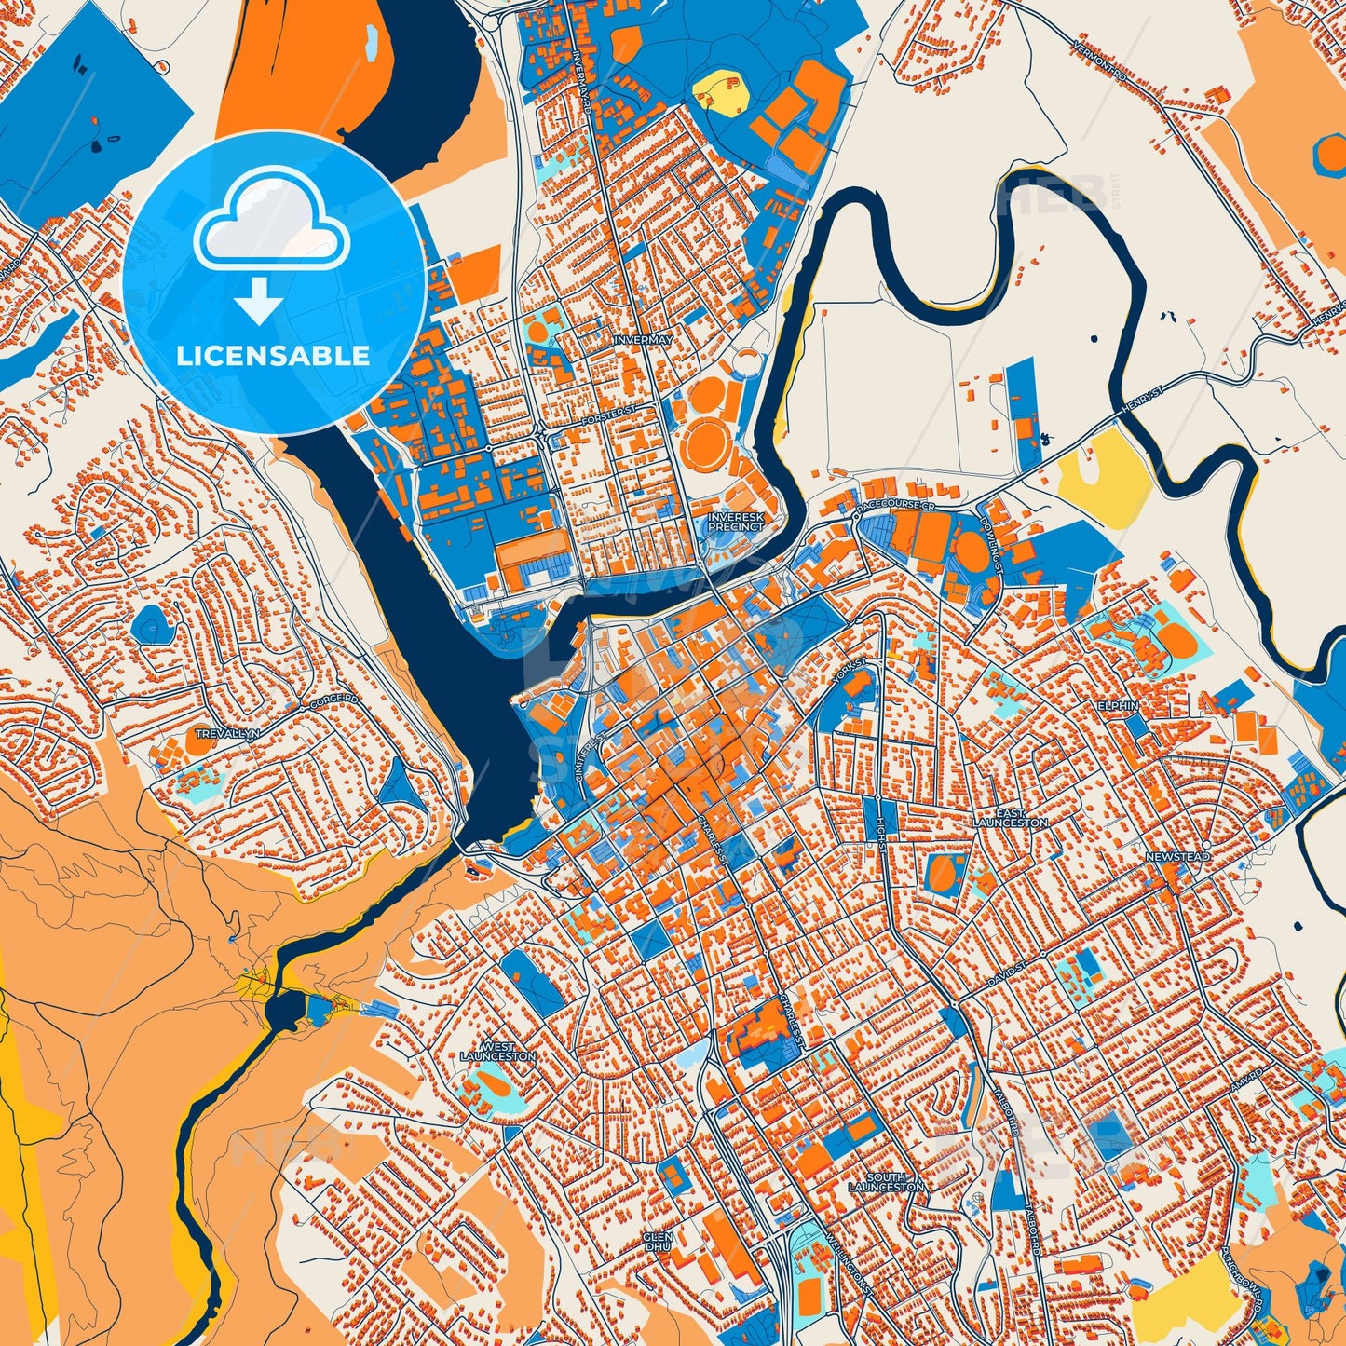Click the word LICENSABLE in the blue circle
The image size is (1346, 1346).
pyautogui.click(x=273, y=356)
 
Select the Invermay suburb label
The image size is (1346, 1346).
pyautogui.click(x=643, y=340)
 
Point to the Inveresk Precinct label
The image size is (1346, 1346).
pyautogui.click(x=735, y=522)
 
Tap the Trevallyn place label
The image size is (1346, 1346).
pyautogui.click(x=227, y=734)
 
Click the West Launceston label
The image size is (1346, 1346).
pyautogui.click(x=497, y=1052)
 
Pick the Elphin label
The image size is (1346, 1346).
pyautogui.click(x=1118, y=705)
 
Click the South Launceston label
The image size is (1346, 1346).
pyautogui.click(x=886, y=1182)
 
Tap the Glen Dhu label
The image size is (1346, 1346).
pyautogui.click(x=657, y=1242)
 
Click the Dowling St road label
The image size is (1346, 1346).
pyautogui.click(x=990, y=543)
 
